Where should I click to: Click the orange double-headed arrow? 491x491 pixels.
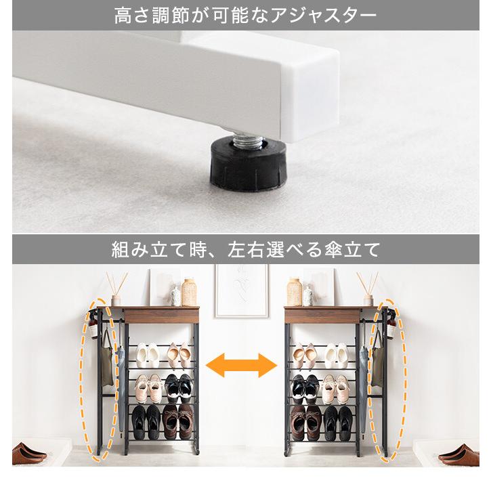pos(242,366)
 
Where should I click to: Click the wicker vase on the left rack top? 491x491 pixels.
pos(189,292)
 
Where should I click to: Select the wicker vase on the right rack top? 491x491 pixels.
pos(294,292)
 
